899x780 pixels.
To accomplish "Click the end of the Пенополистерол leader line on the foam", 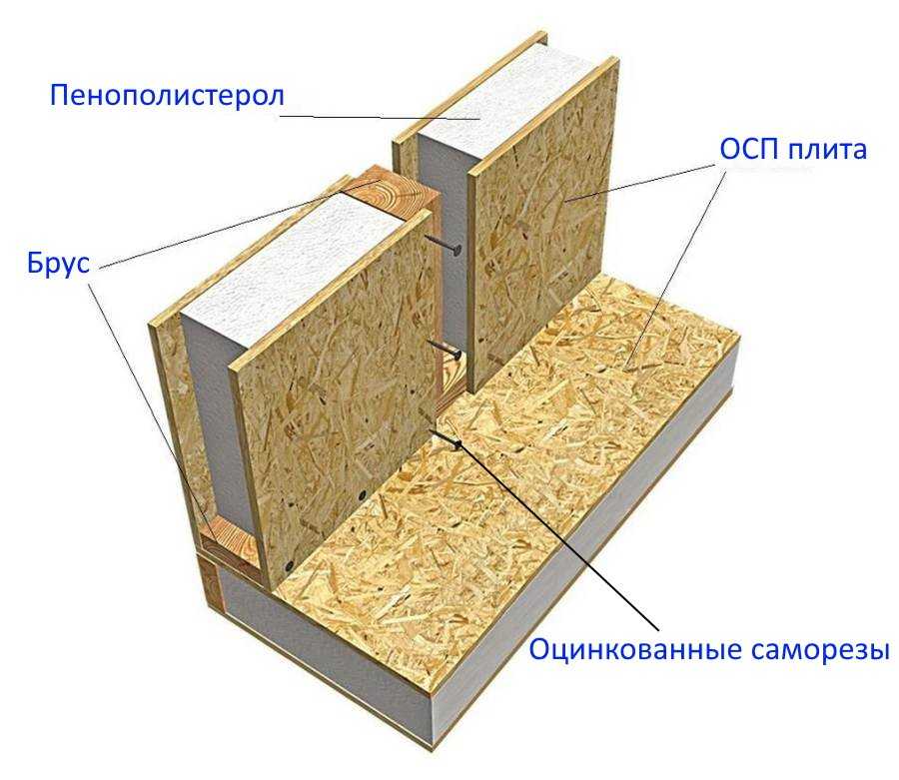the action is click(480, 119).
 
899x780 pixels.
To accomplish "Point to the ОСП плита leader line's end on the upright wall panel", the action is click(563, 201).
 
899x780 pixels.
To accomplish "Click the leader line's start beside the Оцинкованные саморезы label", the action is click(657, 629).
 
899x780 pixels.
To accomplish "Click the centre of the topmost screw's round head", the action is click(456, 250).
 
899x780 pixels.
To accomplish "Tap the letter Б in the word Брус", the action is click(36, 264).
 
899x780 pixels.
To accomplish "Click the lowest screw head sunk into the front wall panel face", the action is click(288, 565).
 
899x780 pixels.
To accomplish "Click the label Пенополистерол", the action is click(167, 95).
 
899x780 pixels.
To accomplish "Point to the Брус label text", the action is click(59, 264).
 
